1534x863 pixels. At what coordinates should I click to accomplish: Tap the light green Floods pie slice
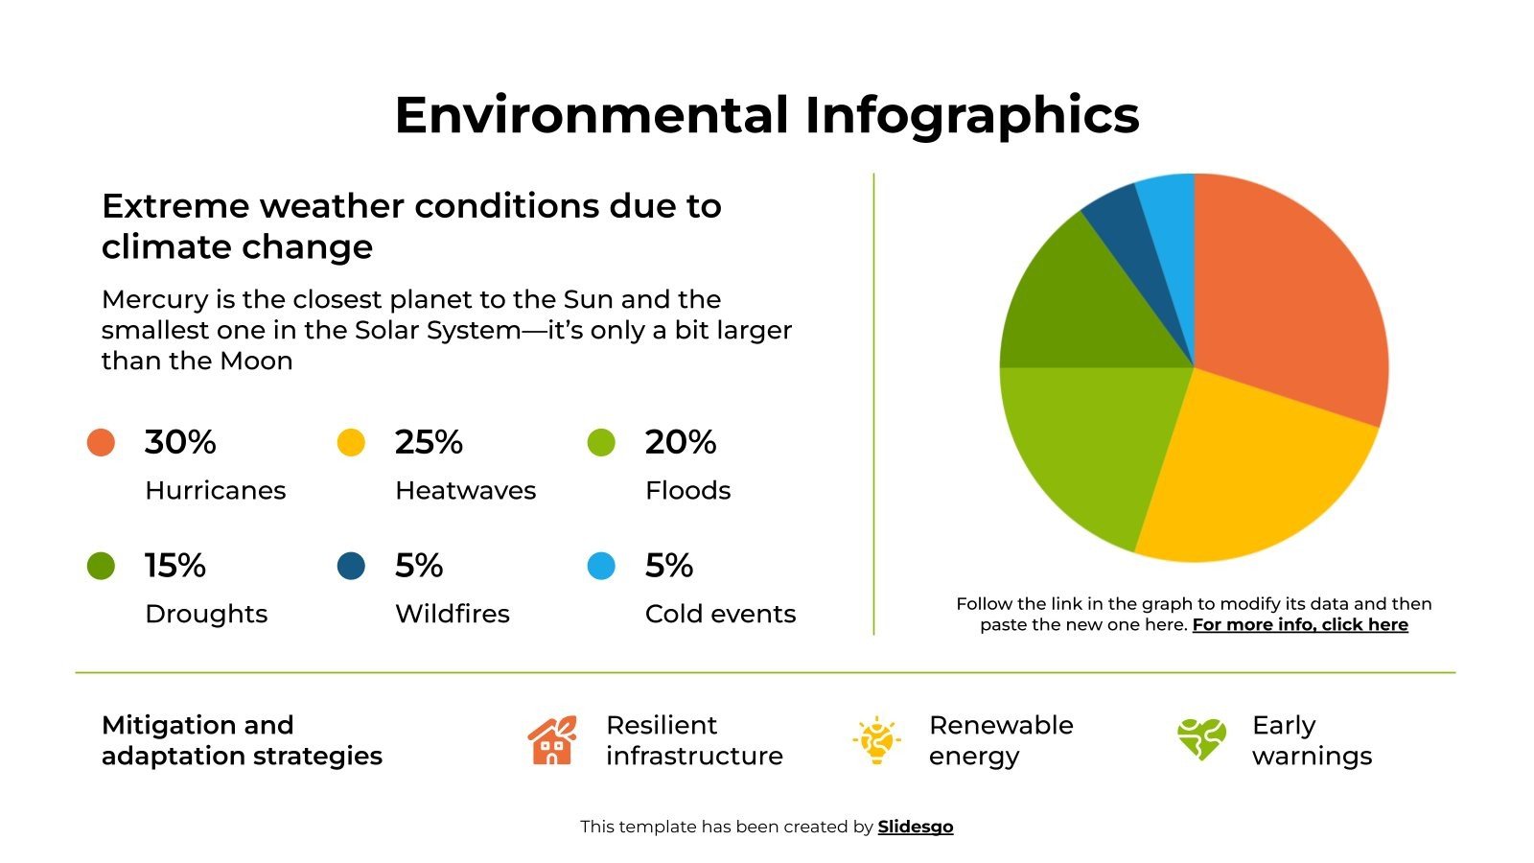[1093, 441]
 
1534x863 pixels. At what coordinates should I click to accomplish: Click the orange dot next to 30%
[101, 442]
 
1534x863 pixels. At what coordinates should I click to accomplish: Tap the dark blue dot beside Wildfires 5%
[351, 566]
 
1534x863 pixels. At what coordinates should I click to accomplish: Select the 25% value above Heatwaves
[429, 442]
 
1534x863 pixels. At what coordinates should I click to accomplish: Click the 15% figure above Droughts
[175, 566]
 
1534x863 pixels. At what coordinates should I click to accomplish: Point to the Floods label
[687, 491]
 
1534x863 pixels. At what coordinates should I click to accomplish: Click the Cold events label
[720, 614]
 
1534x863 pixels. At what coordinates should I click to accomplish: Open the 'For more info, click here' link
[1300, 625]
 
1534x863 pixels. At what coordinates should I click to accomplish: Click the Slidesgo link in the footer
[916, 827]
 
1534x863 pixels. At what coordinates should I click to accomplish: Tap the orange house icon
[552, 740]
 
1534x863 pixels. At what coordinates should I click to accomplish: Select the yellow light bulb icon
[876, 740]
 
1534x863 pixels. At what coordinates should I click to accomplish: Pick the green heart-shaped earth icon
[1201, 739]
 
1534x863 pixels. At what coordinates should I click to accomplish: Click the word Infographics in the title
[971, 115]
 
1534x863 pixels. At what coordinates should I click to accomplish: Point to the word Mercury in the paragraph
[155, 299]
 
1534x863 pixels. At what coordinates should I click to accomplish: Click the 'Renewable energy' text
[1000, 740]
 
